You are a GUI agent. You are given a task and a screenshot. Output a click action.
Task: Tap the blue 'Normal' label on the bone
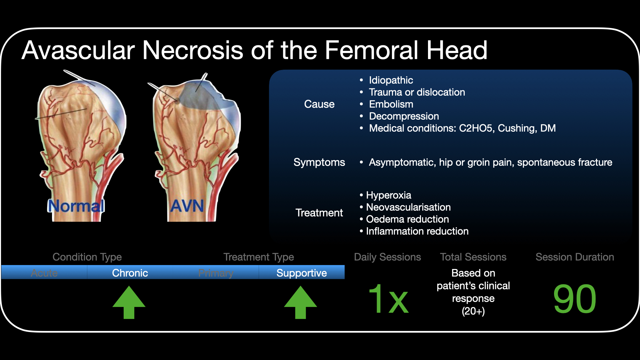pos(76,206)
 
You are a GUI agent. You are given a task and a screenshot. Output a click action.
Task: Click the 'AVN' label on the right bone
pos(187,206)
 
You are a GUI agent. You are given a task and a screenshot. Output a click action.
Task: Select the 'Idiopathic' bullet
pos(391,80)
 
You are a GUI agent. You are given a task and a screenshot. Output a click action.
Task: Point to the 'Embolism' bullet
pos(391,104)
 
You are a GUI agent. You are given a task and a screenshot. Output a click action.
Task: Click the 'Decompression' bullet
pos(404,116)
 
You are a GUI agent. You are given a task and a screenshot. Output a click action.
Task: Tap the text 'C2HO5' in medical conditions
pos(476,128)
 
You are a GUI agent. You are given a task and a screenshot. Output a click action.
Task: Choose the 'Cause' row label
pos(319,104)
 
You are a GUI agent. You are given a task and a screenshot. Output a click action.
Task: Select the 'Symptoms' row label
pos(319,162)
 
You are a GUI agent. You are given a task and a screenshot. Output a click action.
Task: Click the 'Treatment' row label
pos(319,213)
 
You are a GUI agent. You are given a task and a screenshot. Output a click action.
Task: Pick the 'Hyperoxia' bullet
pos(388,195)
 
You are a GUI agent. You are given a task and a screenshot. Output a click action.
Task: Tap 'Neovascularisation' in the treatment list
pos(408,207)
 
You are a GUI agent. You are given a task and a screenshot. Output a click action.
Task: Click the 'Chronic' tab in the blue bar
pos(130,273)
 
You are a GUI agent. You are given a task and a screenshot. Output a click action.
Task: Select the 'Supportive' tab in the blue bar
pos(302,273)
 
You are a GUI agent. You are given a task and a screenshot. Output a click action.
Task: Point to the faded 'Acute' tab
pos(44,273)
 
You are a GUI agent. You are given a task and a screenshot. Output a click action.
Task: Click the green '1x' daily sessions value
pos(388,299)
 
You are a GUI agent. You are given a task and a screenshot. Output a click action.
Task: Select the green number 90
pos(575,299)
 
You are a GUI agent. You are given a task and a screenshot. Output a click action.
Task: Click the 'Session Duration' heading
pos(575,257)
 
